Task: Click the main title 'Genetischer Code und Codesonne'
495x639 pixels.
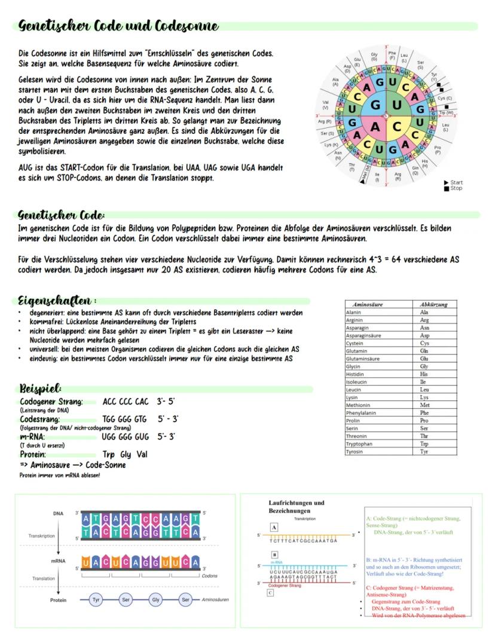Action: point(118,26)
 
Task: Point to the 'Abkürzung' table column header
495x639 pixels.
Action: point(434,304)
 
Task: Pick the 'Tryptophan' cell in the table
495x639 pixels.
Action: point(361,444)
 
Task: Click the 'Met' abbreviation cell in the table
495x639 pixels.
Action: point(425,405)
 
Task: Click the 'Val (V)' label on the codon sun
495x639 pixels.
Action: point(326,105)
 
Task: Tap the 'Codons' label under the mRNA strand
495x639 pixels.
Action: point(210,576)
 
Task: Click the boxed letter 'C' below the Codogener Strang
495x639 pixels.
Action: point(270,593)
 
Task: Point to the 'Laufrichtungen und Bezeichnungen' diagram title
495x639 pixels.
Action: point(294,507)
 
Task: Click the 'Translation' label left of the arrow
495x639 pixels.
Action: point(43,579)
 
